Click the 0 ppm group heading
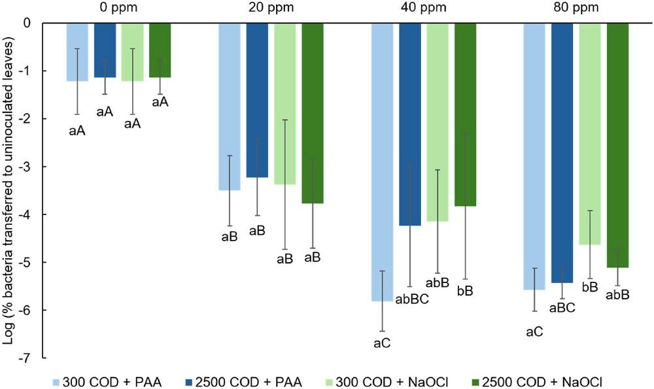[x=119, y=8]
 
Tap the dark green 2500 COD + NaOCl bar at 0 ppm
[x=160, y=50]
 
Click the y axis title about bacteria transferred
[x=10, y=190]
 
